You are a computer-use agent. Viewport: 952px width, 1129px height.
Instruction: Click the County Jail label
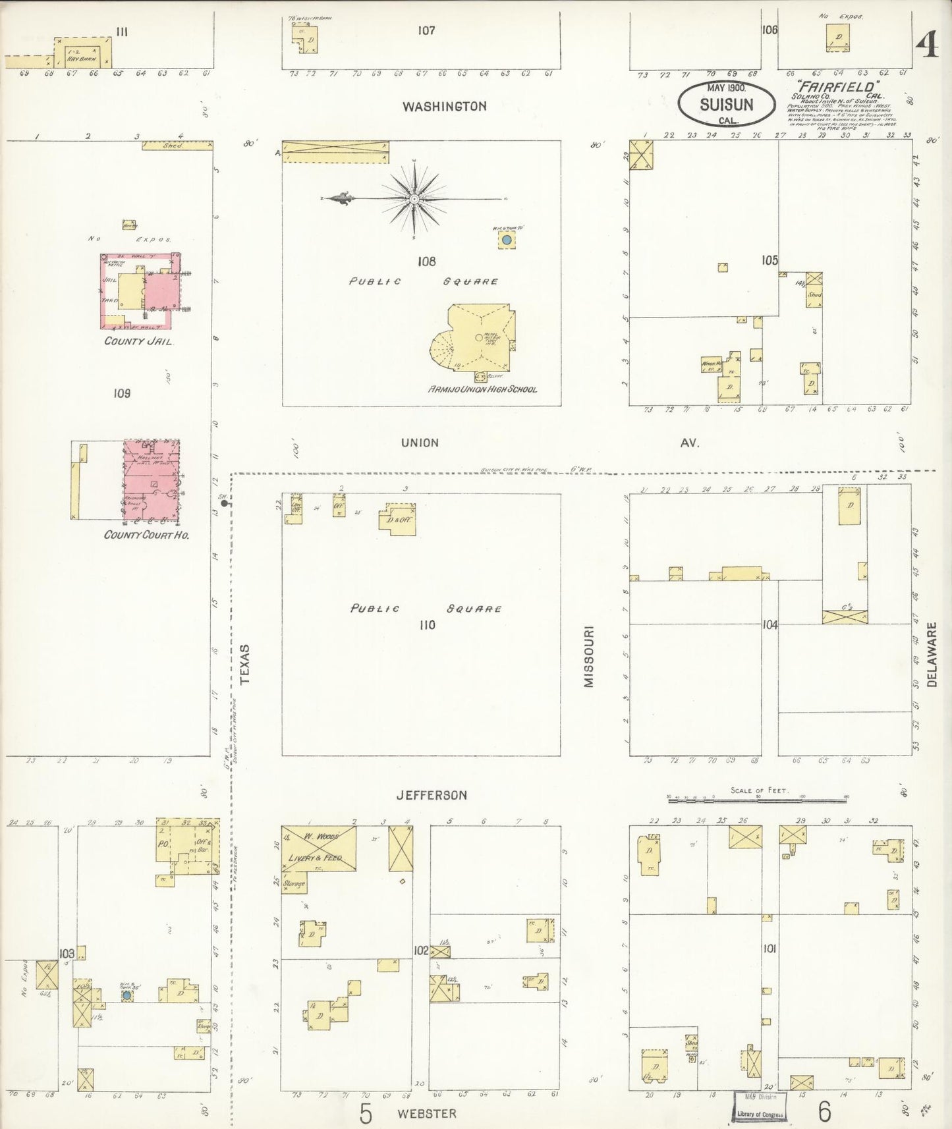[138, 341]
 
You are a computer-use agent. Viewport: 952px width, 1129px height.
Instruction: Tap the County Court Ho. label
[146, 535]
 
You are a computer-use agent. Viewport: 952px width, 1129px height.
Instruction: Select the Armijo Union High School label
[482, 389]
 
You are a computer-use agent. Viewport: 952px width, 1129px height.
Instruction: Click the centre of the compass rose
[414, 199]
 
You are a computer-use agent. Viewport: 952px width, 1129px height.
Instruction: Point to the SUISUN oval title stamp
[726, 103]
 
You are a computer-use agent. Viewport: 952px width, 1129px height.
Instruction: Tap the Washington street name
[445, 106]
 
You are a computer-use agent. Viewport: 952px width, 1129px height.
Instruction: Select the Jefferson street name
[432, 795]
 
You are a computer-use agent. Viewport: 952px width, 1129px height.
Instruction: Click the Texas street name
[245, 665]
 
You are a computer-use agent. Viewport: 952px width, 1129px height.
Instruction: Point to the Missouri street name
[588, 657]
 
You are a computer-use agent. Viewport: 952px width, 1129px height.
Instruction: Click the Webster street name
[426, 1113]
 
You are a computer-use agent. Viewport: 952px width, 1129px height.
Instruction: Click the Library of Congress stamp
[760, 1109]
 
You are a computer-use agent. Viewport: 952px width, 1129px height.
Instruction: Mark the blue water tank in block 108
[507, 241]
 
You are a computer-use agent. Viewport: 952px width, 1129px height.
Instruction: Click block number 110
[427, 624]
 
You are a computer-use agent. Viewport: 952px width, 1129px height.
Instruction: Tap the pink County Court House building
[152, 480]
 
